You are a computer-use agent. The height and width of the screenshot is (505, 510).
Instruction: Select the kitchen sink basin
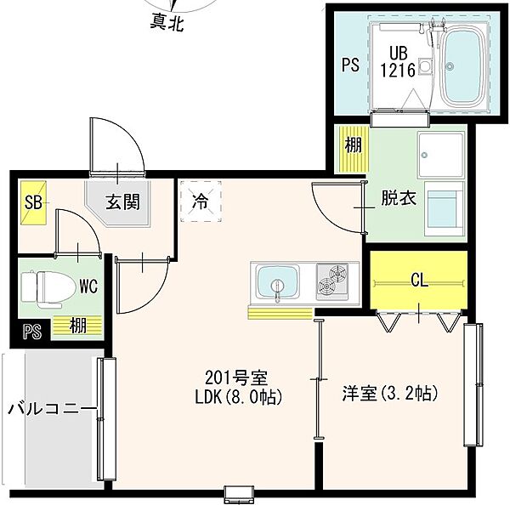[278, 281]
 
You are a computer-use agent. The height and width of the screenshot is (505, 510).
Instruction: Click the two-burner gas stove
[332, 281]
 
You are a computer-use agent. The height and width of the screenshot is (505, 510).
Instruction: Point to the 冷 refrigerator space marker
[201, 201]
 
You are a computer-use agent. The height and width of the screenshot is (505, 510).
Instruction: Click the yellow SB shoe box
[33, 202]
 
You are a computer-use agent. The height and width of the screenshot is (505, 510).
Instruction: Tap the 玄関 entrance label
[123, 201]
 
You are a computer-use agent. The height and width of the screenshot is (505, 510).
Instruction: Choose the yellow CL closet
[418, 281]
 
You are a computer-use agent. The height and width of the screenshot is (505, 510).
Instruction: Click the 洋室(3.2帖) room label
[390, 394]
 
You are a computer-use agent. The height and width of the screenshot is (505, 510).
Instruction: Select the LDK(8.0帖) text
[238, 397]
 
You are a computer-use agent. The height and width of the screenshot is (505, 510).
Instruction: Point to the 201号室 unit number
[236, 377]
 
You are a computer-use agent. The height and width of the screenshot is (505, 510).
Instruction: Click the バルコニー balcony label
[52, 409]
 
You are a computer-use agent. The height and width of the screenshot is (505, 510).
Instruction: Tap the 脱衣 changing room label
[399, 198]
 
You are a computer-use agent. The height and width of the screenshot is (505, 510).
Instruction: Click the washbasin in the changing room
[441, 156]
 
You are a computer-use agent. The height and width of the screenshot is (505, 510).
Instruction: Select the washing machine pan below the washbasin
[444, 208]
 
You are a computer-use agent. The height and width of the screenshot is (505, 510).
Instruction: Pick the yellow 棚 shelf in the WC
[77, 326]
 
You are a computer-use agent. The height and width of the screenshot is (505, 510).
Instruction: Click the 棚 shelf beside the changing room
[354, 149]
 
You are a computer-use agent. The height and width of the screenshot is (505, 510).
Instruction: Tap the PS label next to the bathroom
[350, 65]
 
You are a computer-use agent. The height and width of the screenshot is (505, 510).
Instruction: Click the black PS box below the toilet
[32, 332]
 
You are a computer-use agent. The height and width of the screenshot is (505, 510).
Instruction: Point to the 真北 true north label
[167, 24]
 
